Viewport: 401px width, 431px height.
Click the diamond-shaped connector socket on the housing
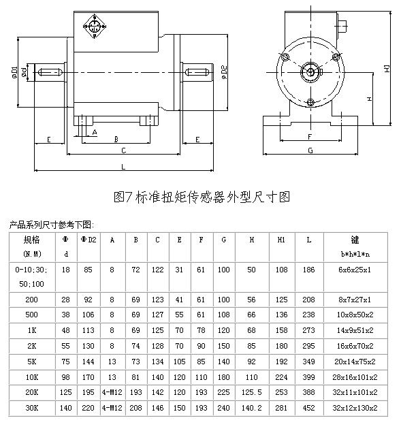pos(95,27)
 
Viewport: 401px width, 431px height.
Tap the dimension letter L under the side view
pos(123,167)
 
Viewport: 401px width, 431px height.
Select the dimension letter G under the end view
pos(310,150)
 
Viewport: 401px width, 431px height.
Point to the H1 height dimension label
pos(387,69)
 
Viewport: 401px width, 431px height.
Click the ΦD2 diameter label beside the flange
pos(224,73)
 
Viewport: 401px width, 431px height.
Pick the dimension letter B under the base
pos(116,140)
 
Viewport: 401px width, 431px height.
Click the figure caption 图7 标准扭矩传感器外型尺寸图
pos(202,197)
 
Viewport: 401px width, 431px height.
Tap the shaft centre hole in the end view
pos(310,72)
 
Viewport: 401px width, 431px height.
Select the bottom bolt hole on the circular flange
pos(310,102)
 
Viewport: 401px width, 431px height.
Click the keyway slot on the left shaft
pos(50,73)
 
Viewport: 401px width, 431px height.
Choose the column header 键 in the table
pos(355,240)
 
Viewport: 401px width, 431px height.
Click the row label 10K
pos(31,377)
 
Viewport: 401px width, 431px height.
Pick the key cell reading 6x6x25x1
pos(355,270)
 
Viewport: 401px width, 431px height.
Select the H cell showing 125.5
pos(251,392)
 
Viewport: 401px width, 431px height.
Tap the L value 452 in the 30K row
pos(308,408)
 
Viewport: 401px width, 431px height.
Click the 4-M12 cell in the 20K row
pos(112,392)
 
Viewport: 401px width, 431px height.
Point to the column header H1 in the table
pos(281,240)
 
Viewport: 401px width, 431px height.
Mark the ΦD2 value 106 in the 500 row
pos(88,315)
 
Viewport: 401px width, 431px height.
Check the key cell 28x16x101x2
pos(355,377)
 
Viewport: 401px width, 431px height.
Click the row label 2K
pos(31,346)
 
